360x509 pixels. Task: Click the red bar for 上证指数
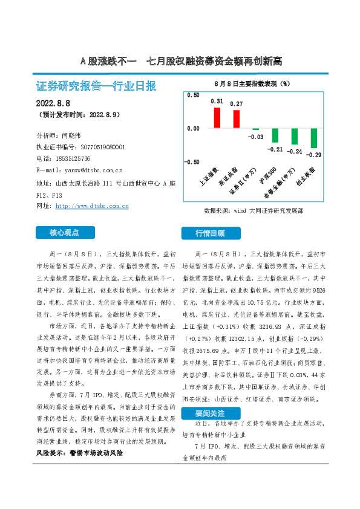[217, 117]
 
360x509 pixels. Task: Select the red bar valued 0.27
[237, 119]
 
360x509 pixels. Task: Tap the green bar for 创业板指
[314, 138]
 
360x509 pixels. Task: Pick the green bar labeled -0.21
[275, 135]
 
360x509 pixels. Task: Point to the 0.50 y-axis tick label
[192, 96]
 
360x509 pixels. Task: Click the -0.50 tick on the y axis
[191, 162]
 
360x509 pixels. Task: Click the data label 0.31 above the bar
[217, 102]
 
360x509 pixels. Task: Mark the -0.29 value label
[314, 155]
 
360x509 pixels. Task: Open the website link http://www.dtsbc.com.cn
[91, 206]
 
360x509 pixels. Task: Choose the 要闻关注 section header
[210, 414]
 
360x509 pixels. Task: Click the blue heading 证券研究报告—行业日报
[97, 86]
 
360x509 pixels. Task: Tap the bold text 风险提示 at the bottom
[50, 468]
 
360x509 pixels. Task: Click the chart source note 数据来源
[254, 211]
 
